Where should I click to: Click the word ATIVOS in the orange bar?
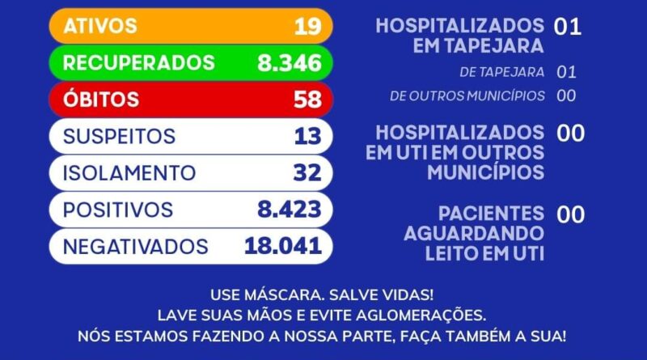101,26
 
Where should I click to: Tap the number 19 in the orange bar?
307,26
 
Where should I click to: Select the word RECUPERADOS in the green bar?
139,62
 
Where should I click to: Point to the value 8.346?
290,62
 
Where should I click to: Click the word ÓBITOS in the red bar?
101,100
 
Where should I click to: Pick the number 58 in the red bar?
307,100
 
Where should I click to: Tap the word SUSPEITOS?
119,136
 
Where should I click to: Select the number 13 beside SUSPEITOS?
307,136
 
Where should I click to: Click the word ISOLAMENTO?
129,173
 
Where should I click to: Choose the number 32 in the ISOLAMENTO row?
307,173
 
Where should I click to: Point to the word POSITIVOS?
118,210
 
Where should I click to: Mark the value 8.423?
290,210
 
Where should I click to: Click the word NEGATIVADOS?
136,247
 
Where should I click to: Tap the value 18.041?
283,247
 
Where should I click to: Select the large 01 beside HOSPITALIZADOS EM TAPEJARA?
568,27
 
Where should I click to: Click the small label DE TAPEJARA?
501,72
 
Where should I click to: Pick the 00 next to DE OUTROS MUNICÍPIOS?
566,95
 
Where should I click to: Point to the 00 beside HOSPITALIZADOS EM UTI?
571,133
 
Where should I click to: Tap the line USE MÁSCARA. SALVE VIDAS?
321,294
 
